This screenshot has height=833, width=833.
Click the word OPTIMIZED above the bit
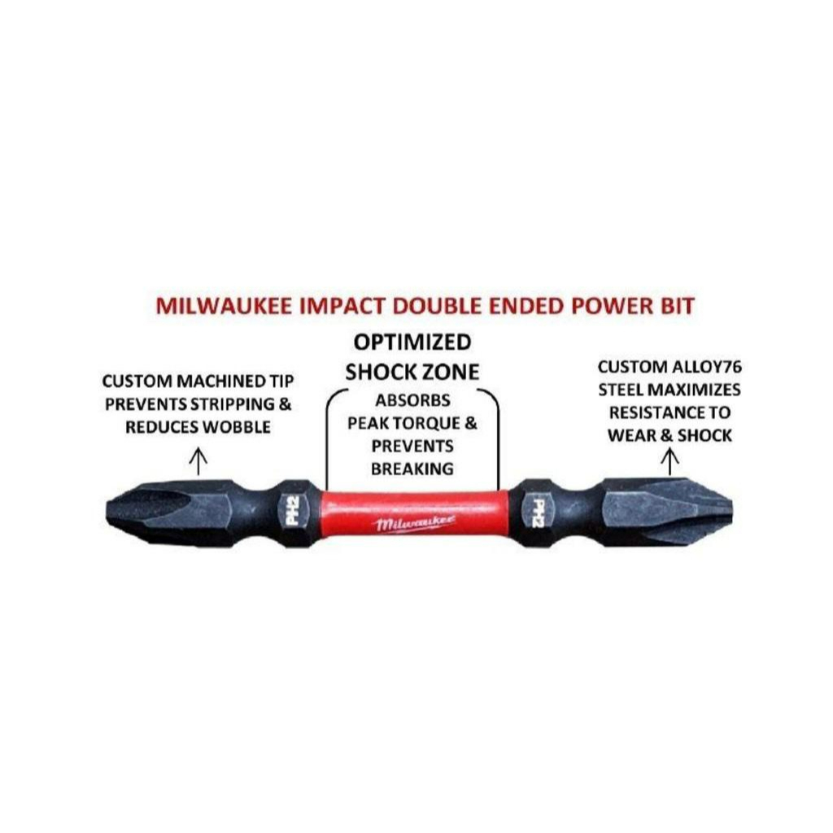412,341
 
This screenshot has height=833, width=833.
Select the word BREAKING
412,469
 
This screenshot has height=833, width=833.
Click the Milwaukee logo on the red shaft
415,523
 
